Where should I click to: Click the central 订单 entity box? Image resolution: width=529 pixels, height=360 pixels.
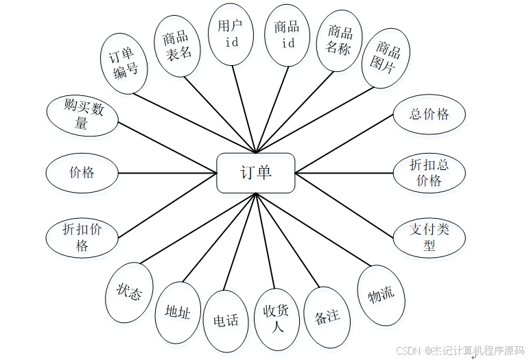(256, 173)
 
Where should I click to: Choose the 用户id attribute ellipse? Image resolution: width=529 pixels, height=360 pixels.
(230, 34)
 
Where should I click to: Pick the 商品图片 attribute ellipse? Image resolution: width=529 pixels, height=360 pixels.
(386, 58)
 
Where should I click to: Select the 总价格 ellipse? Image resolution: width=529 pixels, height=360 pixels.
(430, 115)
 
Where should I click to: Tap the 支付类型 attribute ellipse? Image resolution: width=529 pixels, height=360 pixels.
(430, 237)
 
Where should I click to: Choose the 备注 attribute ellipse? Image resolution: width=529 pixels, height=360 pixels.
(327, 316)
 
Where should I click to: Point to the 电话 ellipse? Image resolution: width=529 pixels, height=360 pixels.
(226, 320)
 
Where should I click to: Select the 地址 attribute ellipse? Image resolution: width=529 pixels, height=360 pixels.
(178, 312)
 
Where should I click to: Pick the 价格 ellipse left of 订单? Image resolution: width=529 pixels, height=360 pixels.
(82, 172)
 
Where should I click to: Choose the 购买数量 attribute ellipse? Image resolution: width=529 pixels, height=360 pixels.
(82, 115)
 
